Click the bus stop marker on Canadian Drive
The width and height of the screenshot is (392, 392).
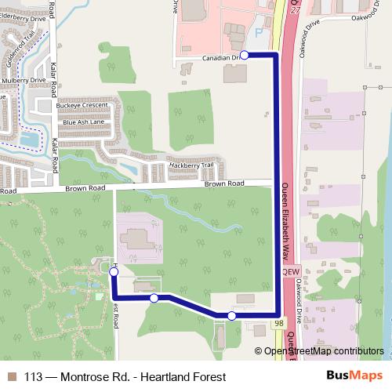244,55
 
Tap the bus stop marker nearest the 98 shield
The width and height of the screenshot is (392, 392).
232,315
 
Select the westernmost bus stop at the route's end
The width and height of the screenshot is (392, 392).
114,271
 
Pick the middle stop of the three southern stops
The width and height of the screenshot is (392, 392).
154,298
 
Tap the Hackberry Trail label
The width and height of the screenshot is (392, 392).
191,165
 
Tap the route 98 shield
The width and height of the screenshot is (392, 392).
280,323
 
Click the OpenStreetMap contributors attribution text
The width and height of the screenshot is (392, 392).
324,351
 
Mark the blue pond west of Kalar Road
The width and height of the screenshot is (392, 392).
31,140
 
